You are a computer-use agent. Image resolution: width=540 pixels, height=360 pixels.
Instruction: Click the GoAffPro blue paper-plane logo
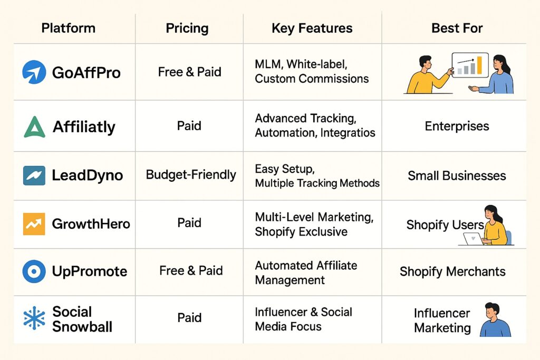coord(34,72)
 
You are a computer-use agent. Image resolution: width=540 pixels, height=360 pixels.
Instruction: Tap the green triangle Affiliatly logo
coord(34,127)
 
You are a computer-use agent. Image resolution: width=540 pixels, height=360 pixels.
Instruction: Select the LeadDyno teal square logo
coord(34,176)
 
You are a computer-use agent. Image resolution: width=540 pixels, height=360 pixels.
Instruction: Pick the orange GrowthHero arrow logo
coord(34,224)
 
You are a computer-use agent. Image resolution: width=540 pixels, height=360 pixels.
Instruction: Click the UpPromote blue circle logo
coord(34,271)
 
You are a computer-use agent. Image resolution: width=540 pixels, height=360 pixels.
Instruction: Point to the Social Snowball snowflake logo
coord(34,318)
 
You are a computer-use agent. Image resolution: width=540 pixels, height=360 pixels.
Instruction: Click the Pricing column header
coord(187,28)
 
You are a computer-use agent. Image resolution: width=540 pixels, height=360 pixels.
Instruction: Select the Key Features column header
coord(312,28)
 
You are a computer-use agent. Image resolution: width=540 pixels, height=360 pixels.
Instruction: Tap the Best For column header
coord(457,28)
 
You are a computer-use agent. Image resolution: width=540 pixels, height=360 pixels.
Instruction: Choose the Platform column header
coord(68,28)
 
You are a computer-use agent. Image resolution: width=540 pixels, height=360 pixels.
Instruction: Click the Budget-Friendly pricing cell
coord(191,174)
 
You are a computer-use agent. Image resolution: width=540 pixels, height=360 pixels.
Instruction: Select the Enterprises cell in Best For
coord(457,127)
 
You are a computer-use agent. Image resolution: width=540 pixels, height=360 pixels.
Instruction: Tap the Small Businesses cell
coord(457,176)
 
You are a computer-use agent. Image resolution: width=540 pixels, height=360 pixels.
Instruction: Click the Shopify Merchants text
coord(452,271)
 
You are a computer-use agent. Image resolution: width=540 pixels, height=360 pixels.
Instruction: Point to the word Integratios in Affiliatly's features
coord(348,133)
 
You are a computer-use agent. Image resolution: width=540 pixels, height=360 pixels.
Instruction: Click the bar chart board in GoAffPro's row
coord(470,65)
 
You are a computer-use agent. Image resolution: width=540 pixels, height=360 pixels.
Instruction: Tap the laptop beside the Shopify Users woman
coord(472,239)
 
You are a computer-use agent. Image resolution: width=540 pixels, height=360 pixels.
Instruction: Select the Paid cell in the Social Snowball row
coord(189,317)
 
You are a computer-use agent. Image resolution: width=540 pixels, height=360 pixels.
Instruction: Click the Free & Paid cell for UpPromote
coord(191,270)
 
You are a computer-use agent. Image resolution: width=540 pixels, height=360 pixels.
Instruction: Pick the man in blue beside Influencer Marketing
coord(495,320)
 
